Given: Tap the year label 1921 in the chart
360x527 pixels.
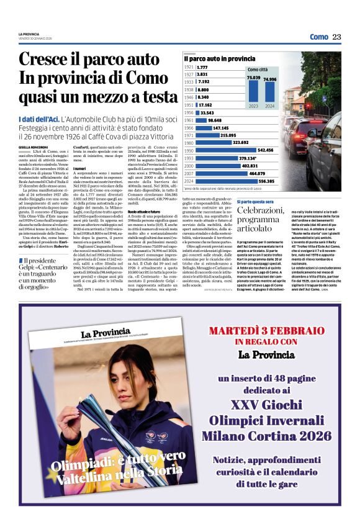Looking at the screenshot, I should click(x=189, y=67).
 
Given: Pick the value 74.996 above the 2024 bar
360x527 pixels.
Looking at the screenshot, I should click(x=270, y=79).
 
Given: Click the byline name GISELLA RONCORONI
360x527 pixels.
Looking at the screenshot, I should click(x=33, y=147).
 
